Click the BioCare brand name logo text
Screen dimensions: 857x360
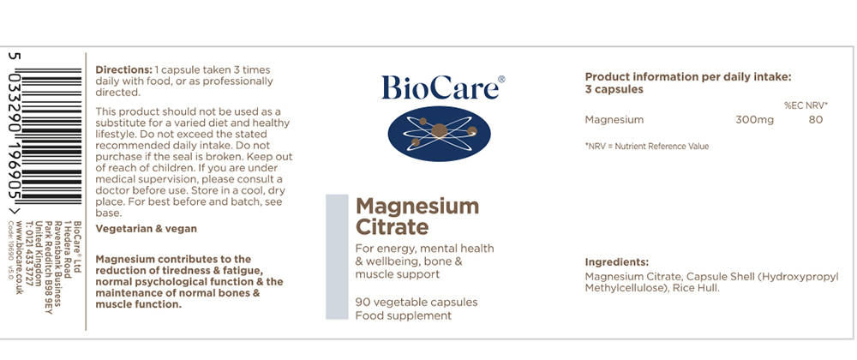[x=440, y=87]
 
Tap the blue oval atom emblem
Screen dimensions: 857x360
[x=439, y=134]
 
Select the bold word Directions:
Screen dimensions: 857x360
[x=123, y=70]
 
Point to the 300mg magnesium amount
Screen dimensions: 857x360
[x=755, y=120]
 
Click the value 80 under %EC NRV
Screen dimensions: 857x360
[x=816, y=120]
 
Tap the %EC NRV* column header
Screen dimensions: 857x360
[x=806, y=105]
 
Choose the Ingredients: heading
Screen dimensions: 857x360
[x=616, y=262]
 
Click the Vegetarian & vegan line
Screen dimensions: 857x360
[x=146, y=229]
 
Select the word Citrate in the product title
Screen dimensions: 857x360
[x=392, y=226]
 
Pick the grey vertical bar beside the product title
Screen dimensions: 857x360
[x=337, y=256]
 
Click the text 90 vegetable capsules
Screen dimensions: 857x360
[x=417, y=302]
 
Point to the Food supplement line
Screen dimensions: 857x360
[x=404, y=315]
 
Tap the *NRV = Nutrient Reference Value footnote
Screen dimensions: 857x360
[x=646, y=147]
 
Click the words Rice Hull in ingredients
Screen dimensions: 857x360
[x=696, y=288]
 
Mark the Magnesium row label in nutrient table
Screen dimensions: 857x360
[x=614, y=120]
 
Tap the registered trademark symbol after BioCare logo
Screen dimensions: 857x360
[x=501, y=79]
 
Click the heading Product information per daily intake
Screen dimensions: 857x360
[x=688, y=78]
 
